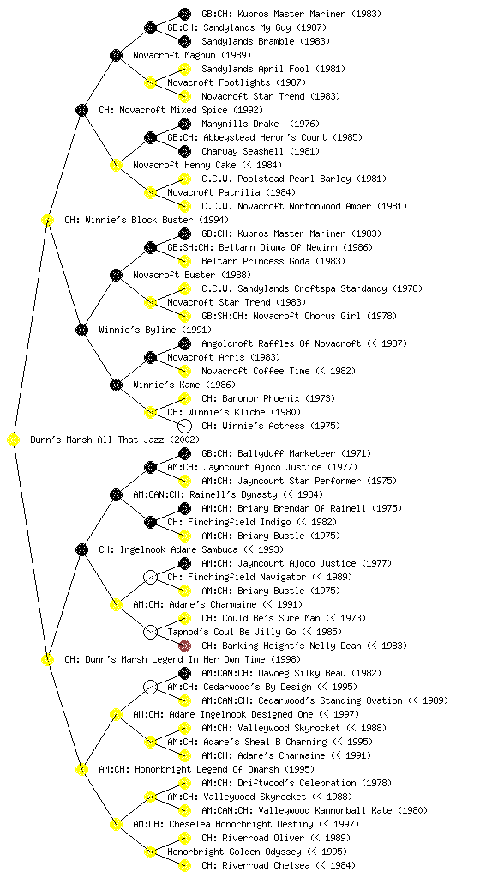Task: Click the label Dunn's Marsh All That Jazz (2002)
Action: [115, 439]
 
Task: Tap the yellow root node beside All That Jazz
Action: [14, 440]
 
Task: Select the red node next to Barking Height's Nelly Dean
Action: [184, 646]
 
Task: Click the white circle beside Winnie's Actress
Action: [184, 426]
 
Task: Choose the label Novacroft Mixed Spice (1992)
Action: [181, 110]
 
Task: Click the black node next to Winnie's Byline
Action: [81, 330]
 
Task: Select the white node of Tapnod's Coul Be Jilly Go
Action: [150, 632]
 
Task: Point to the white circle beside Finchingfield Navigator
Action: [150, 577]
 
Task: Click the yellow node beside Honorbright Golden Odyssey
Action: [150, 852]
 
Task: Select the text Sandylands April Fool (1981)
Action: [273, 69]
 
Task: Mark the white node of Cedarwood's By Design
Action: [150, 687]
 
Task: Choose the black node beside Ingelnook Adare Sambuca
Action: [81, 549]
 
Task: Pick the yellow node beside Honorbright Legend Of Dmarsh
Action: [81, 769]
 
